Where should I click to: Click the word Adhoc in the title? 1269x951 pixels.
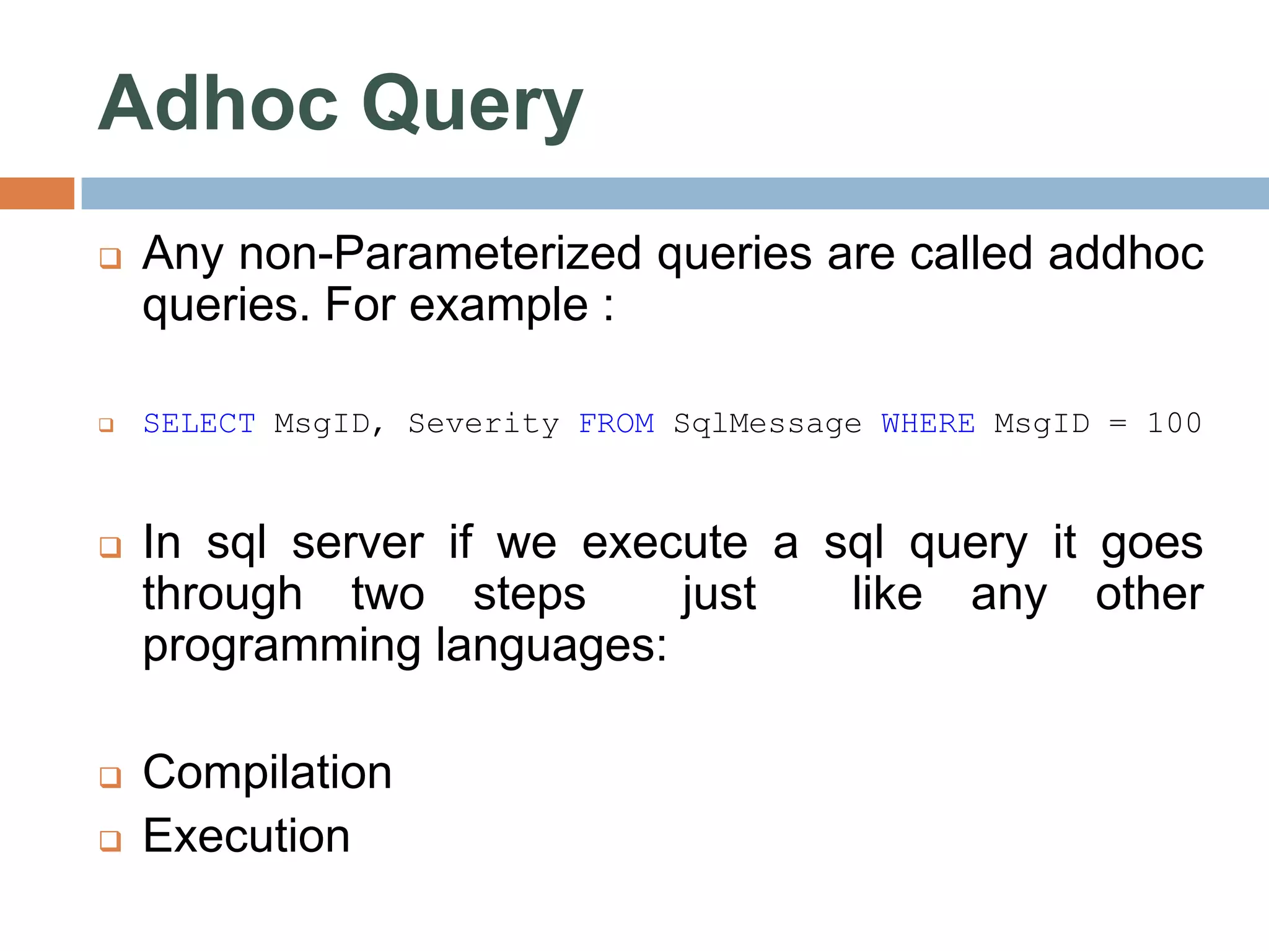[218, 104]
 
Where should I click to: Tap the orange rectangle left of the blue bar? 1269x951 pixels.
[37, 193]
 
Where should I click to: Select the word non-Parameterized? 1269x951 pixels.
[440, 254]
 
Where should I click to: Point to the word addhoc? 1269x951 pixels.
[1126, 254]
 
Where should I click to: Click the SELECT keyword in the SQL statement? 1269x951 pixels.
[199, 424]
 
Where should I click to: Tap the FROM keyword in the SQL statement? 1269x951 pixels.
[617, 424]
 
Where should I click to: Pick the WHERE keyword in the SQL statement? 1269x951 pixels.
[928, 424]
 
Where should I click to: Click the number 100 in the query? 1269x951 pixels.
[1174, 424]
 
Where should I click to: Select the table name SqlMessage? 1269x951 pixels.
[768, 424]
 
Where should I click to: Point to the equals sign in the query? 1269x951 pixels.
[1117, 424]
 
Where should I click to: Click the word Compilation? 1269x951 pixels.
[267, 773]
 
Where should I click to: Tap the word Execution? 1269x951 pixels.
[246, 836]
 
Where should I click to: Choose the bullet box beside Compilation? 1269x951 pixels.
[110, 777]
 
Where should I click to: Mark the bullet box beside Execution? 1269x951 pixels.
[110, 841]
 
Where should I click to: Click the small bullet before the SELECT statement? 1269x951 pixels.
[107, 425]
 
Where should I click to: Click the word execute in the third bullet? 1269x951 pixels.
[665, 543]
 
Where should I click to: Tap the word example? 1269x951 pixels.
[498, 306]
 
